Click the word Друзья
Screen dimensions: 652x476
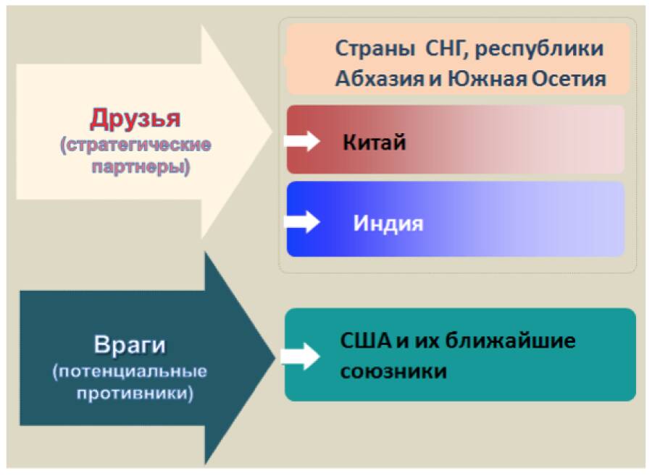(135, 119)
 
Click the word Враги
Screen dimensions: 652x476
(130, 345)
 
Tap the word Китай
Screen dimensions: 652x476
(375, 142)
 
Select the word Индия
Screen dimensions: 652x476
(388, 223)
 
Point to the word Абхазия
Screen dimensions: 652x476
(380, 79)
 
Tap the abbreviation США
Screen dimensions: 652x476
(366, 341)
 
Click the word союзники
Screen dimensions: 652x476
(393, 371)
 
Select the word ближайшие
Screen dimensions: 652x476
(511, 341)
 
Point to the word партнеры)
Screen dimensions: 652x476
(141, 167)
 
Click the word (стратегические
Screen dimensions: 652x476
(135, 145)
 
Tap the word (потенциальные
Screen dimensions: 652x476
(130, 371)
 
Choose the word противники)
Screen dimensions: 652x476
(135, 393)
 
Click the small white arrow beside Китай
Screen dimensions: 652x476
(302, 140)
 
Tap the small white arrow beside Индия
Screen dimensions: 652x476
(302, 221)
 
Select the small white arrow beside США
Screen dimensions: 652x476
(300, 356)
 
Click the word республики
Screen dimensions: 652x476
(539, 49)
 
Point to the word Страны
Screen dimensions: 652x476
(375, 49)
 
